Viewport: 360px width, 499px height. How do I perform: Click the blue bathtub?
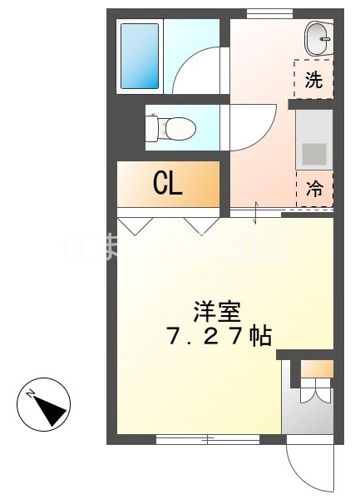click(x=140, y=56)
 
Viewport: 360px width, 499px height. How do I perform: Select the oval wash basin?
click(x=318, y=37)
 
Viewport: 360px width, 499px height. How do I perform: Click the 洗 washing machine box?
click(x=313, y=80)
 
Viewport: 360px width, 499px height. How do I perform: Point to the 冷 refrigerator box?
click(x=314, y=190)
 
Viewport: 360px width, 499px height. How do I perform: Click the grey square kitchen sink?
click(x=314, y=154)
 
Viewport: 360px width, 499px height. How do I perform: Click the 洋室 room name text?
click(x=217, y=313)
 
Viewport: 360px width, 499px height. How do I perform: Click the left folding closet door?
click(x=135, y=225)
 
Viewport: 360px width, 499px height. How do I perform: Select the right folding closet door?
click(x=200, y=225)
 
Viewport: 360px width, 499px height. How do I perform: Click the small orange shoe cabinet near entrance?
click(x=317, y=369)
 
